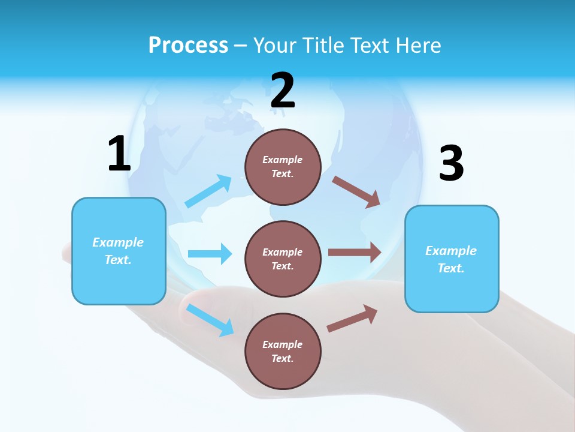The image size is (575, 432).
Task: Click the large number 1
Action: [119, 154]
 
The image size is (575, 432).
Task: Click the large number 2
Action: [283, 91]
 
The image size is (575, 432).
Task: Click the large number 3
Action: [451, 164]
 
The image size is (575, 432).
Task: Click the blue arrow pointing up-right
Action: [208, 191]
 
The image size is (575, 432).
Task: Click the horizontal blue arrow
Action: [210, 254]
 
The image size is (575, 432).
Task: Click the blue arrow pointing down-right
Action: [210, 320]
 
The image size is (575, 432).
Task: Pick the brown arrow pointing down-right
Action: [356, 191]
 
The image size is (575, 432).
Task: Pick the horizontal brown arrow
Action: [355, 253]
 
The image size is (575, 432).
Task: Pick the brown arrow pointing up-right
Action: [353, 318]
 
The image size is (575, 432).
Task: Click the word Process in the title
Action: [188, 45]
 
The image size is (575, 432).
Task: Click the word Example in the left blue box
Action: [118, 242]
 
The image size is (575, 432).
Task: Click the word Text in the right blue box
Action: [451, 268]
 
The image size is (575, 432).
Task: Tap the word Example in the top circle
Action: [283, 160]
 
